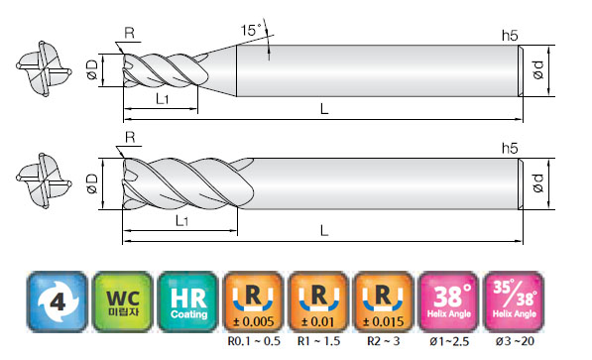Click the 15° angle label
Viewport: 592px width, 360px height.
click(x=251, y=30)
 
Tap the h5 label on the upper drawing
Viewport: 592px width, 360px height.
click(x=510, y=36)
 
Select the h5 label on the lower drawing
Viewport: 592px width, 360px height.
click(x=510, y=148)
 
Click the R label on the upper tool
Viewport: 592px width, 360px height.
click(x=130, y=34)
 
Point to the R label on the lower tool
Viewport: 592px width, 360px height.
click(x=130, y=137)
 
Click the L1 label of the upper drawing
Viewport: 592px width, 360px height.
click(x=163, y=99)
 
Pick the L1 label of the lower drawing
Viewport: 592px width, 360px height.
click(x=182, y=220)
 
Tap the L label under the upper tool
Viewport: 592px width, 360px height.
click(x=324, y=109)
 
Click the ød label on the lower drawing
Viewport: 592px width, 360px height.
click(x=538, y=183)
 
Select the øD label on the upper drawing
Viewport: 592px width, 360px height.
click(x=93, y=70)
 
